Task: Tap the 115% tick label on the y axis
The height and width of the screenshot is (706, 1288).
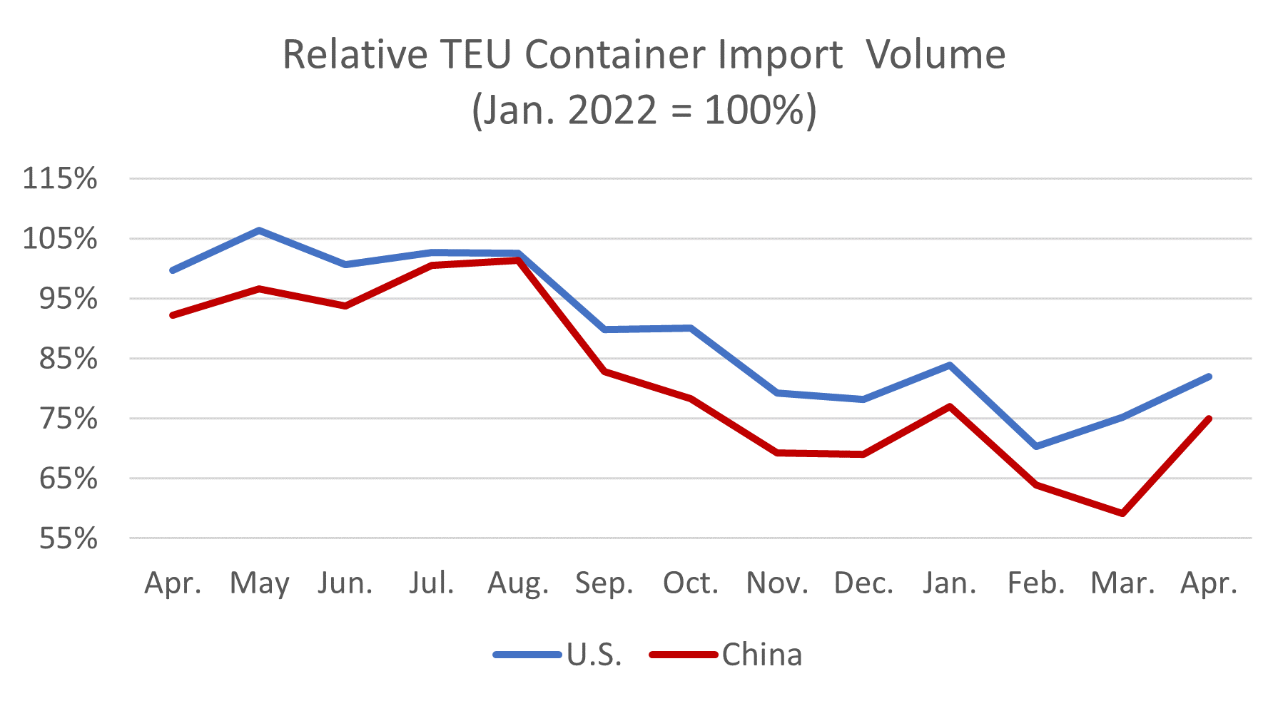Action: [x=60, y=178]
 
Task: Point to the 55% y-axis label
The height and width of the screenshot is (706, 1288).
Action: [x=69, y=538]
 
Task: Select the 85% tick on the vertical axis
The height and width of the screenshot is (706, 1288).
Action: [x=69, y=359]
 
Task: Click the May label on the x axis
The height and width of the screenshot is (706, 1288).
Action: [x=259, y=584]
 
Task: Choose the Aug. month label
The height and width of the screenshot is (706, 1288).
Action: [x=518, y=584]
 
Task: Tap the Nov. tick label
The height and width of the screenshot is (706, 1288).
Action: [x=777, y=584]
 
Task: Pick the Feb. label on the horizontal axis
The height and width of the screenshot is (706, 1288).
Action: [x=1036, y=584]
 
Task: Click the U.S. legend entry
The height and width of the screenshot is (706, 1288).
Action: [x=594, y=655]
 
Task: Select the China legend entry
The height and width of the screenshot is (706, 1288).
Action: [x=761, y=655]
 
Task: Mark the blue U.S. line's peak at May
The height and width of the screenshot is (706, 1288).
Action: [x=259, y=230]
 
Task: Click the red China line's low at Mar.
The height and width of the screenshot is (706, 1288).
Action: [x=1123, y=513]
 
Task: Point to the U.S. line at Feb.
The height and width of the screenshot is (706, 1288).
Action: [x=1036, y=446]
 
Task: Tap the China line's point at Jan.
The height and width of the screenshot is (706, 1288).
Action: [x=950, y=406]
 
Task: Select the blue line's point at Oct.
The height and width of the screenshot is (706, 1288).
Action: [x=691, y=328]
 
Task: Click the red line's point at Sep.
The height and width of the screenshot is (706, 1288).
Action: [x=604, y=372]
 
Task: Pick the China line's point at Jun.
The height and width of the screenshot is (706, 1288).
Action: [x=345, y=306]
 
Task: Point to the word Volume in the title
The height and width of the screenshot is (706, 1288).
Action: [x=936, y=55]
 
